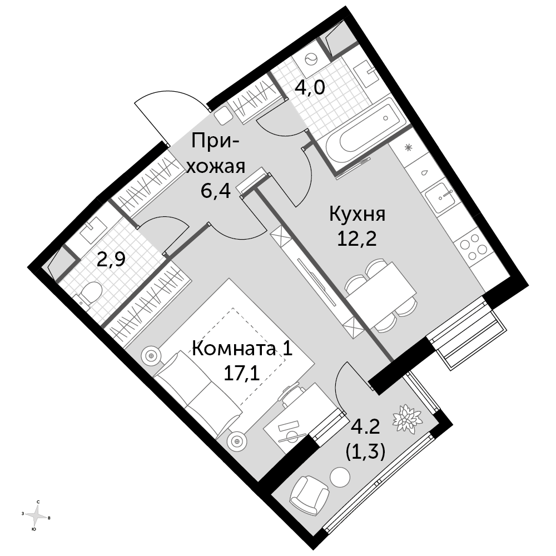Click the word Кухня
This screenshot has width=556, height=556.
point(357,215)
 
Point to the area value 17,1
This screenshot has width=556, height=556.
point(242,373)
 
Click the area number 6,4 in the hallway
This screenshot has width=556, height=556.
point(216,191)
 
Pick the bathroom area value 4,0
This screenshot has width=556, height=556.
point(310,87)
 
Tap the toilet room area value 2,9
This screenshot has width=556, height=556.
point(111,260)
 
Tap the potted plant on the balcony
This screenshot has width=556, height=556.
point(406,419)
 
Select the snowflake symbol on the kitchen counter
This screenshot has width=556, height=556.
point(409,147)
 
